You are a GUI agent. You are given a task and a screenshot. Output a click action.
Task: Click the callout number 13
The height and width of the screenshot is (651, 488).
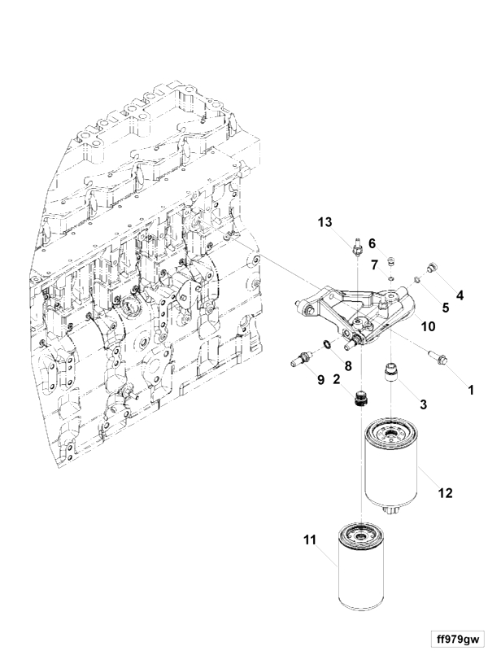point(325,222)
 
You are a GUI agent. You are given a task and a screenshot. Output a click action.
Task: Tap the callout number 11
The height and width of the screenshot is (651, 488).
point(310,540)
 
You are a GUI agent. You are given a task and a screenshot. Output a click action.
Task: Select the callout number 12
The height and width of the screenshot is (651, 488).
point(445,493)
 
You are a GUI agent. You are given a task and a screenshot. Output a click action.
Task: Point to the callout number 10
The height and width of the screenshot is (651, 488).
point(429,326)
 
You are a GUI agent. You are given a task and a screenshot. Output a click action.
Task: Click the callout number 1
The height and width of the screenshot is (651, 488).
point(471,390)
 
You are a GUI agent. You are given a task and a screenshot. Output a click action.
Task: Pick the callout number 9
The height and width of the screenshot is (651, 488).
point(320,379)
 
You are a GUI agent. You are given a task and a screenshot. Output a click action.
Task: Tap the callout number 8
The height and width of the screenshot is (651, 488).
point(348,365)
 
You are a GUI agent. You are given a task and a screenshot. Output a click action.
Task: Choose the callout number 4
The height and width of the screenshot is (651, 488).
point(460,295)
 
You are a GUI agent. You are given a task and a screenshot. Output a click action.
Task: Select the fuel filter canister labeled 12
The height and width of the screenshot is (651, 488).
point(391,466)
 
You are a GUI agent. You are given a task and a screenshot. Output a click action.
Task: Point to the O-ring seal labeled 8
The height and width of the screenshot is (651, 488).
point(327,343)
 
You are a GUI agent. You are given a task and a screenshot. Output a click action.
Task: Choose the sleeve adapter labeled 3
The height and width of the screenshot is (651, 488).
point(390,371)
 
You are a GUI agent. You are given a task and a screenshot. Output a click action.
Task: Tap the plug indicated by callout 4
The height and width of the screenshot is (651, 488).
point(432,267)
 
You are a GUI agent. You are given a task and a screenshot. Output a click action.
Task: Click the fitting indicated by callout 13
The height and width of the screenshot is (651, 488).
point(356,247)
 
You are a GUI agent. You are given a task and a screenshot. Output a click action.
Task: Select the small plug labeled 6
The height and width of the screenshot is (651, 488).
point(390,261)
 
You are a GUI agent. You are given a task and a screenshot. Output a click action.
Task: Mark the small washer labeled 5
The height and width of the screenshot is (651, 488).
point(419,279)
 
